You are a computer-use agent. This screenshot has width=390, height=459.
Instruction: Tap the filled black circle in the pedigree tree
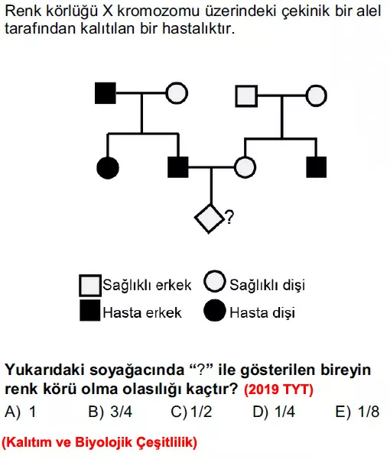pos(108,168)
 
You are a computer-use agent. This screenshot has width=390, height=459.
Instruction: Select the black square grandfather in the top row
pos(106,93)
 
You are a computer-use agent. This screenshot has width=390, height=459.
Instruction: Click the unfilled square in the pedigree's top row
pos(246,96)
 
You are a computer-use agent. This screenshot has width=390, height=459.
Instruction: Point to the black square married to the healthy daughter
pos(178,167)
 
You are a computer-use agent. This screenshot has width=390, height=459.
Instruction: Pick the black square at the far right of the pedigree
pos(316,167)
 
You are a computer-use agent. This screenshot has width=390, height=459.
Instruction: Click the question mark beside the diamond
pos(229,218)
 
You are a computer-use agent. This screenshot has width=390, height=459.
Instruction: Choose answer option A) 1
pos(20,412)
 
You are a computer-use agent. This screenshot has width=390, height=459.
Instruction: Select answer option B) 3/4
pos(110,412)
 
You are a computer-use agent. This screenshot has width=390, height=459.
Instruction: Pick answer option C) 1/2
pos(191,412)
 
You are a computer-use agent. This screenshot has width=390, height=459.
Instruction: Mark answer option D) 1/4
pos(274,412)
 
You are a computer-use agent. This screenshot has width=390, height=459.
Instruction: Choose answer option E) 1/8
pos(357,412)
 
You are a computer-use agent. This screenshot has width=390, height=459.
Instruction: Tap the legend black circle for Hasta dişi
pos(215,311)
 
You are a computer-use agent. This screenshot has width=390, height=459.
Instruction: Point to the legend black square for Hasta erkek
pos(90,310)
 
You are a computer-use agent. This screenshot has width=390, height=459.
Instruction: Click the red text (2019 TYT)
pos(278,390)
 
